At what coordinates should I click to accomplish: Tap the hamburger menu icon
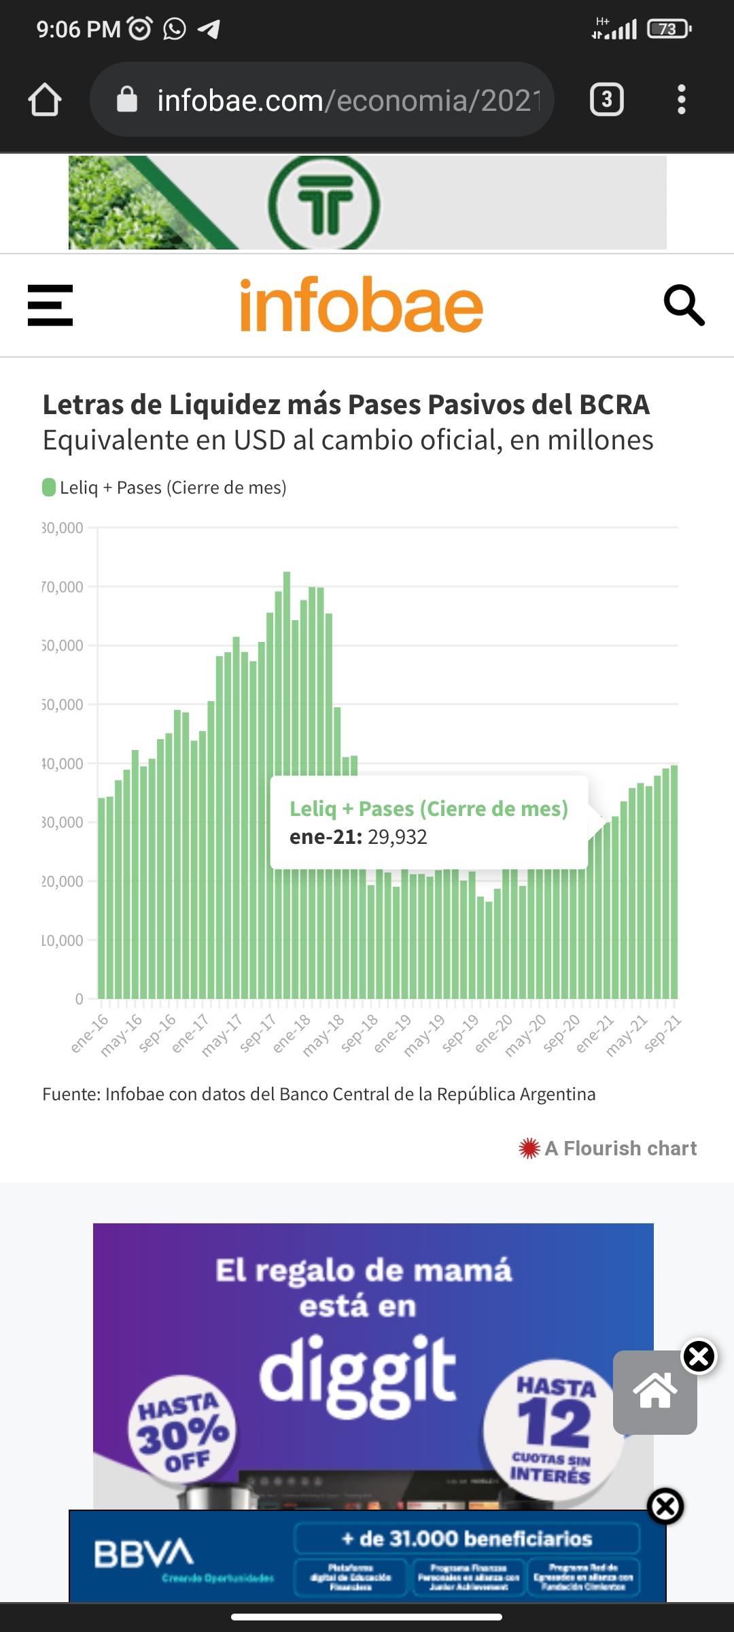point(50,305)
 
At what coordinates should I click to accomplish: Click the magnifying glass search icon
point(684,305)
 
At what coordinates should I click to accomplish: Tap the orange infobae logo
point(362,305)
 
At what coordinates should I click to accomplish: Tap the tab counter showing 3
point(606,100)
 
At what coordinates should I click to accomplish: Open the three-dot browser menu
point(681,100)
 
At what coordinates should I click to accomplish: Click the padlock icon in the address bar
point(127,100)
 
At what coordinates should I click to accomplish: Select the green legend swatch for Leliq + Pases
point(49,488)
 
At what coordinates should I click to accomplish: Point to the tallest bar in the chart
point(287,680)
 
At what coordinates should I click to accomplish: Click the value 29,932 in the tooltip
point(398,837)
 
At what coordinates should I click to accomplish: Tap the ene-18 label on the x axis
point(292,1033)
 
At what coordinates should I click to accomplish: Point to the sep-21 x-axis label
point(663,1033)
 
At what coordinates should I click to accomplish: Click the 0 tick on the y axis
point(80,999)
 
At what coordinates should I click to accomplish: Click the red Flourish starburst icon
point(529,1149)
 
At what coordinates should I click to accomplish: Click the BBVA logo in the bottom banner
point(143,1553)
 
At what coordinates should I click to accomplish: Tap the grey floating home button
point(654,1392)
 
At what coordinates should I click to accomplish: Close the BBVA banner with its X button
point(665,1506)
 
